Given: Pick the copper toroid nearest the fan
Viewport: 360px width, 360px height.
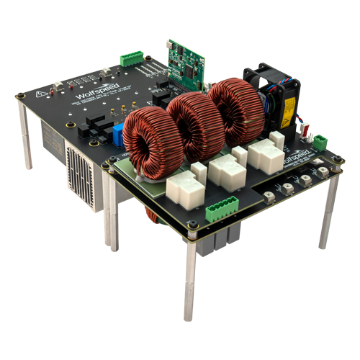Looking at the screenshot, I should coord(231,108).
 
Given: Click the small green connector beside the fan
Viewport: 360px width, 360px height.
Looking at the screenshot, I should coord(320,140).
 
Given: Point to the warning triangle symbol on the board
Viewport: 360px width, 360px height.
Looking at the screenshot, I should coord(40,96).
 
